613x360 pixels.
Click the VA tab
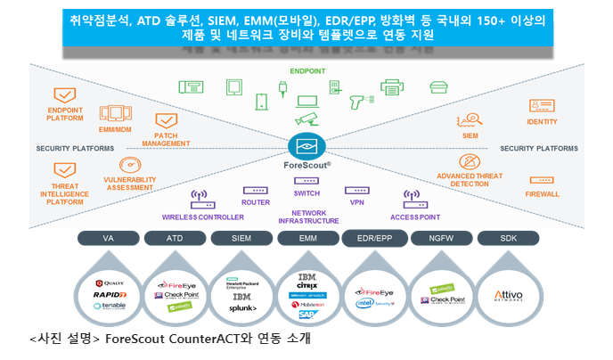click(109, 238)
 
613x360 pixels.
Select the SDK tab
click(508, 238)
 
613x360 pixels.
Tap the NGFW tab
click(441, 238)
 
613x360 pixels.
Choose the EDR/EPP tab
click(374, 238)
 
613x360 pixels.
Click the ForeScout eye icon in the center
click(306, 145)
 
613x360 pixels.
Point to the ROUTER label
click(255, 202)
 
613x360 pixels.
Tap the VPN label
click(357, 202)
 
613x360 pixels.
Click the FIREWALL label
click(543, 193)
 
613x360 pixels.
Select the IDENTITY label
click(542, 122)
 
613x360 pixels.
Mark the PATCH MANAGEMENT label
click(166, 139)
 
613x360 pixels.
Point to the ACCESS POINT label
click(414, 217)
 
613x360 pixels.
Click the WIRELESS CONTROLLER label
click(203, 217)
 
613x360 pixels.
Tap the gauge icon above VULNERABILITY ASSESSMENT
click(130, 167)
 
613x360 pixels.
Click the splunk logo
click(242, 308)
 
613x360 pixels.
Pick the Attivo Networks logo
click(508, 293)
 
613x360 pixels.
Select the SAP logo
click(306, 315)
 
